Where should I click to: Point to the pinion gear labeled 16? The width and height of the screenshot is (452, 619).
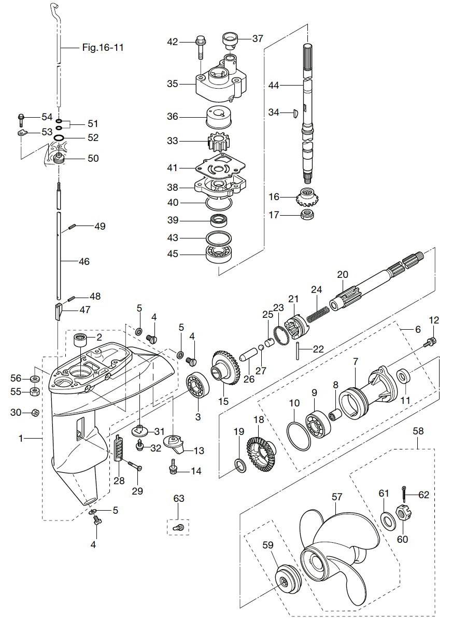click(x=306, y=197)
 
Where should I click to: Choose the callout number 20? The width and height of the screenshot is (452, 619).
click(x=343, y=274)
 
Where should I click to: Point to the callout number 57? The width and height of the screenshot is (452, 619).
click(x=337, y=497)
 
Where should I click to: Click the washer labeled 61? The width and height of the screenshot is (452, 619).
click(x=386, y=518)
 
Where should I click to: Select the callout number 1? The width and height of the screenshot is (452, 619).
click(x=21, y=439)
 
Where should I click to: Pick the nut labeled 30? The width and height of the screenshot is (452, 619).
click(x=33, y=413)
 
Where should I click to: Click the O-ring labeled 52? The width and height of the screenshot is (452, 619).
click(x=60, y=138)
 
